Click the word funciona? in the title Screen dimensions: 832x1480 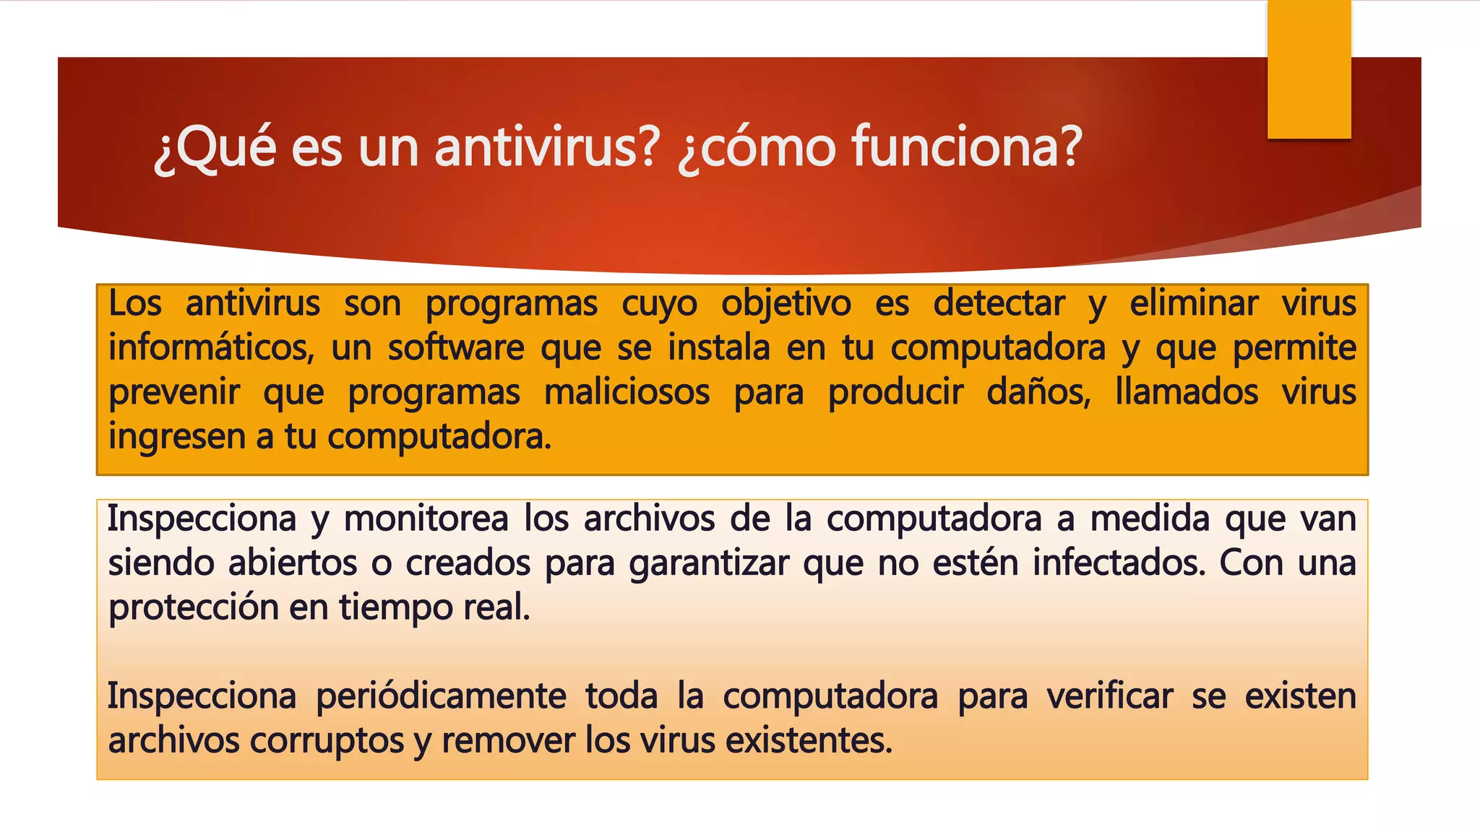click(966, 147)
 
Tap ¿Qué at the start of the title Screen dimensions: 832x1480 click(215, 147)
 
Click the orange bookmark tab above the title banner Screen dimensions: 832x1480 click(1309, 69)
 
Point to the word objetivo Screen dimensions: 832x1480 click(786, 303)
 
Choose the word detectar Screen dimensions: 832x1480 click(999, 303)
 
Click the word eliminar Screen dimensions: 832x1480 click(1194, 303)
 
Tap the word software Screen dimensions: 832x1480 click(455, 347)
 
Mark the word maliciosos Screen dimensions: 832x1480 click(627, 392)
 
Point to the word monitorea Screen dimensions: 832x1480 click(426, 519)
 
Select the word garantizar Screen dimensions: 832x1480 click(708, 563)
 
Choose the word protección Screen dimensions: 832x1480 click(193, 607)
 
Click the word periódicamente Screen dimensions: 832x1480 click(441, 697)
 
